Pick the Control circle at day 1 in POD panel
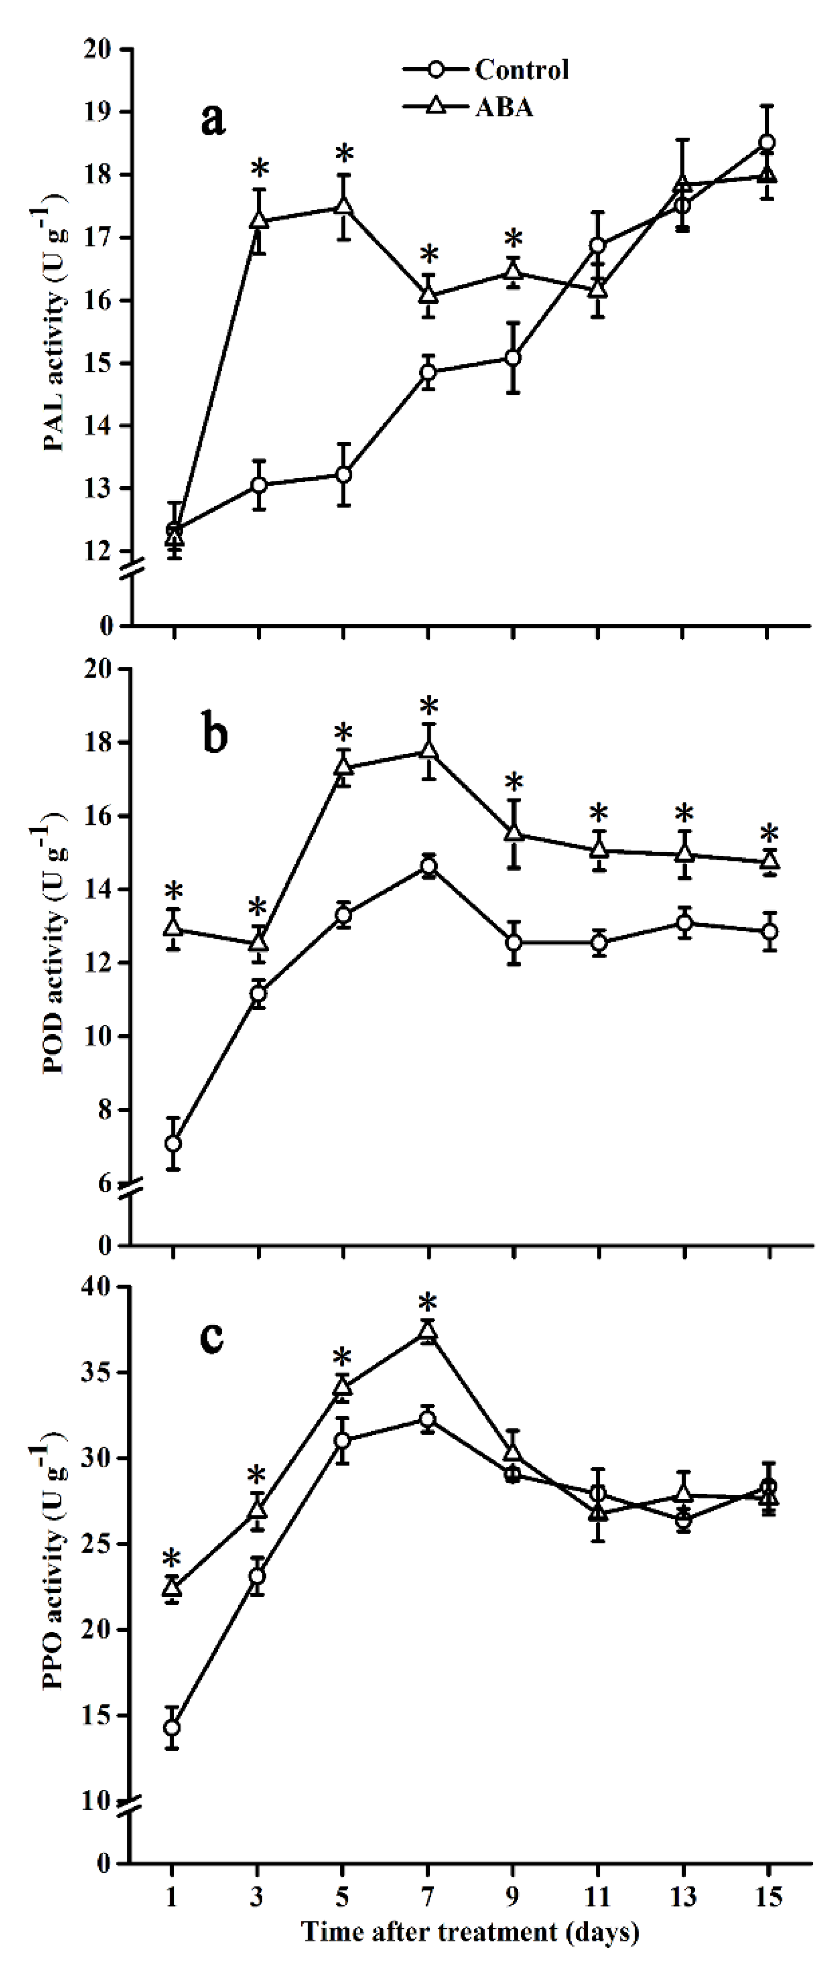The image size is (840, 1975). [173, 1143]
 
